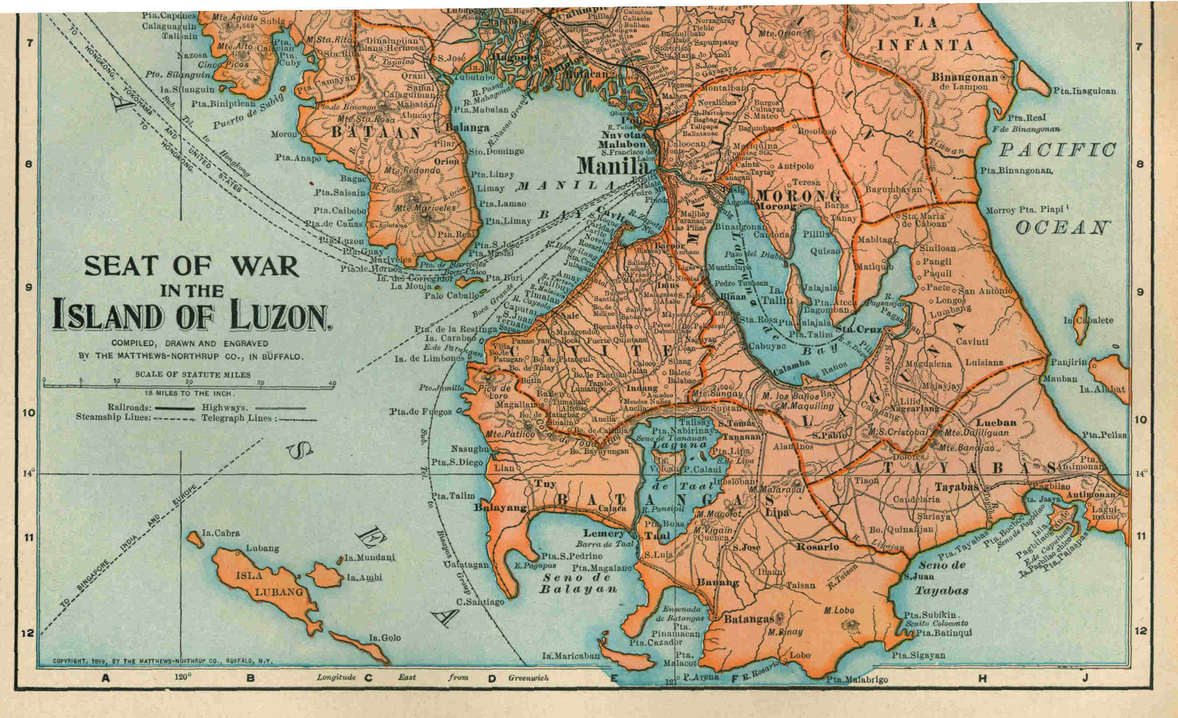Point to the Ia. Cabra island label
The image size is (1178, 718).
tap(221, 533)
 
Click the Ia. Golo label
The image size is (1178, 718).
tap(384, 637)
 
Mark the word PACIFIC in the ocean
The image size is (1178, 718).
tap(1058, 151)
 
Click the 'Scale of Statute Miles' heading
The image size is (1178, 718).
tap(193, 375)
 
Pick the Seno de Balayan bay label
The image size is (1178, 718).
tap(578, 583)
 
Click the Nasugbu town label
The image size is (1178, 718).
tap(470, 449)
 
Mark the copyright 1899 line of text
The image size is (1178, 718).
tap(162, 662)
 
